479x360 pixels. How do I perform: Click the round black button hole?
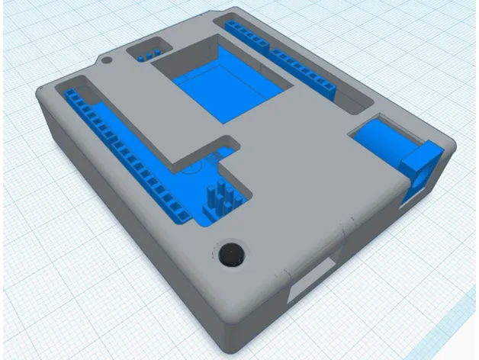pos(230,256)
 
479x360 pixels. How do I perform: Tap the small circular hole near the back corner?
pos(107,58)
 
